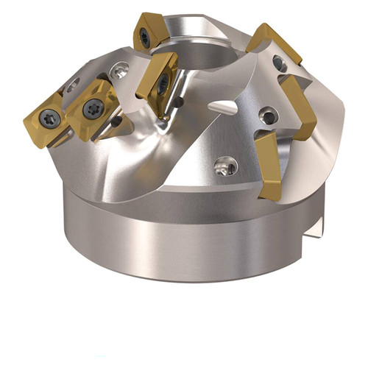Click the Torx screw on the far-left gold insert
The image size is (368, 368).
53,116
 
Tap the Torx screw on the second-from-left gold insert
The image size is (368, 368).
94,108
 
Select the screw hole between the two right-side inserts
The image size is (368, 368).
269,116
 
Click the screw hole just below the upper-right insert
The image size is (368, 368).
280,64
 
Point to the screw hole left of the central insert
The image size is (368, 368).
119,71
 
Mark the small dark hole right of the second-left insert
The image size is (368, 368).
116,121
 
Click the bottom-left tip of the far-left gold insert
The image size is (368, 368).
33,143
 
